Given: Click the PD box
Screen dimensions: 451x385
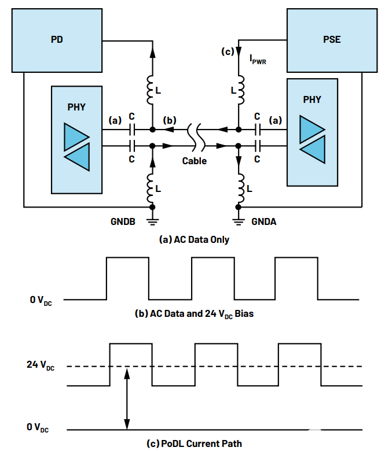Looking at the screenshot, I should tap(57, 40).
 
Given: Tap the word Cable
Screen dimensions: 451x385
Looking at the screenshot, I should tap(195, 161).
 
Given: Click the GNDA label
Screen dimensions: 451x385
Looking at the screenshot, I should tap(263, 221).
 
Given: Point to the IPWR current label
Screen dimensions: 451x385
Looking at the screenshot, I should tap(258, 59).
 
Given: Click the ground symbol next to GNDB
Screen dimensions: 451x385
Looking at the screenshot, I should tap(152, 218).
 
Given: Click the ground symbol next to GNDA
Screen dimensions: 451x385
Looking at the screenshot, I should tap(238, 218).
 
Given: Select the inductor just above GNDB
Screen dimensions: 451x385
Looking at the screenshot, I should tap(152, 186).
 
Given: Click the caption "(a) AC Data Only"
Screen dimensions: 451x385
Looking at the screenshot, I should tap(194, 239).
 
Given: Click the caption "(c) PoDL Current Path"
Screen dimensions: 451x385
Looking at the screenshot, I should tap(194, 443).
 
